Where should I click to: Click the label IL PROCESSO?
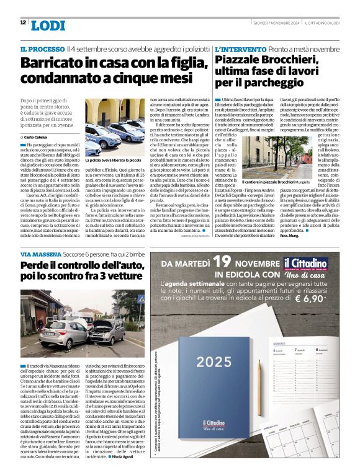[42, 48]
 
